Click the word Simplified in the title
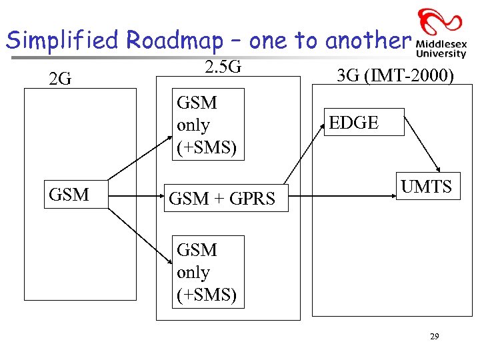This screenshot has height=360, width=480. [64, 41]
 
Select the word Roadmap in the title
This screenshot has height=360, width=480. [175, 41]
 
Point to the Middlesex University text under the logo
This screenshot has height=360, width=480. [441, 49]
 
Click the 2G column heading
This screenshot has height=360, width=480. [61, 79]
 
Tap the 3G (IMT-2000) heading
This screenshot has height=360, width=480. [395, 76]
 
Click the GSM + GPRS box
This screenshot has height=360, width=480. [222, 198]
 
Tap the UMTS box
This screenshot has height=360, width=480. [426, 187]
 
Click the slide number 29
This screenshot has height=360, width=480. [434, 337]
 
